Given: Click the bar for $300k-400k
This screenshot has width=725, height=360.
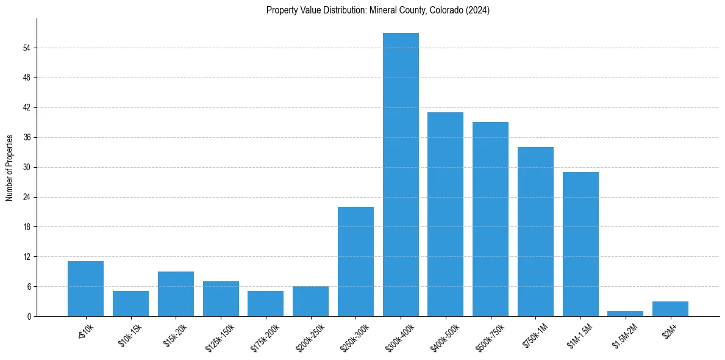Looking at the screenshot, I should [x=401, y=175].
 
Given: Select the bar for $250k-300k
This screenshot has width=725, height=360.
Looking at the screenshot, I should [x=355, y=261].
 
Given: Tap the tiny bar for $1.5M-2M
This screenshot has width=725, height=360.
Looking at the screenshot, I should [x=626, y=314].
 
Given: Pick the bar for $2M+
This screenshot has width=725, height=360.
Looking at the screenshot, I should [x=670, y=309].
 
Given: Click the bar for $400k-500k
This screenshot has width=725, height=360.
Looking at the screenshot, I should [x=445, y=214].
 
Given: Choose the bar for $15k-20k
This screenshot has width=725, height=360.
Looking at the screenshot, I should [x=176, y=293].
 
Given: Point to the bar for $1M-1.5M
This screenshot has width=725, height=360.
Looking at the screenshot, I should [x=580, y=244].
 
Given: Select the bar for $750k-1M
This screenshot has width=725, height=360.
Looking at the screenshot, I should [x=535, y=231].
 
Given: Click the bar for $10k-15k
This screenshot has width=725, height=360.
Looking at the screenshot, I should [x=130, y=303].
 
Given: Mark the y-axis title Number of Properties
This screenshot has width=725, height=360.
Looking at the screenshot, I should [x=10, y=167].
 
